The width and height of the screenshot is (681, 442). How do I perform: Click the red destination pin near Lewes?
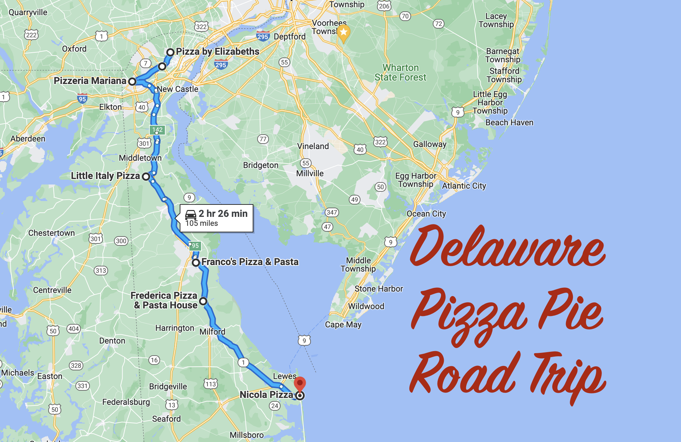pyautogui.click(x=300, y=383)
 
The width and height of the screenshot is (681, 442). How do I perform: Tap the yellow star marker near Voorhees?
pyautogui.click(x=343, y=33)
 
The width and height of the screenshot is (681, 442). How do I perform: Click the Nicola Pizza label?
pyautogui.click(x=266, y=395)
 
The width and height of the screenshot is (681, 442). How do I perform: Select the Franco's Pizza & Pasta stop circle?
pyautogui.click(x=196, y=263)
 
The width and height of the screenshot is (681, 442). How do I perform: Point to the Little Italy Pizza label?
pyautogui.click(x=105, y=176)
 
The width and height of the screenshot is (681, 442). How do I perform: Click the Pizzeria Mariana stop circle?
pyautogui.click(x=132, y=82)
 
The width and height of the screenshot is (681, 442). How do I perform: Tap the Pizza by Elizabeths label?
pyautogui.click(x=218, y=52)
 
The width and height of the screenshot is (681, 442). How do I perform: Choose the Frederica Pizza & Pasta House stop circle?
pyautogui.click(x=203, y=301)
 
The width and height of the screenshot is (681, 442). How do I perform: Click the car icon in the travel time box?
pyautogui.click(x=191, y=215)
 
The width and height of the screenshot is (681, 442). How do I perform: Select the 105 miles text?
pyautogui.click(x=202, y=223)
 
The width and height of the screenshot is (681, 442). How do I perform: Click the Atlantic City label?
pyautogui.click(x=464, y=186)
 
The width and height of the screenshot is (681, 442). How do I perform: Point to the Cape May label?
pyautogui.click(x=343, y=325)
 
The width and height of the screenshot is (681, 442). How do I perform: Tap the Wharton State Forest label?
pyautogui.click(x=400, y=73)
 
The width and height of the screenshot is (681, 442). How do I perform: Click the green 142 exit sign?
pyautogui.click(x=157, y=130)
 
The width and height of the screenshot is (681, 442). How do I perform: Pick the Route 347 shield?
pyautogui.click(x=332, y=212)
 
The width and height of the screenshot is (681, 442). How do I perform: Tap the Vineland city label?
pyautogui.click(x=313, y=146)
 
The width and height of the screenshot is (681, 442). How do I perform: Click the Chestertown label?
pyautogui.click(x=52, y=233)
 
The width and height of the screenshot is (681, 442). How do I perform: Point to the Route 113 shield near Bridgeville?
pyautogui.click(x=211, y=384)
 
